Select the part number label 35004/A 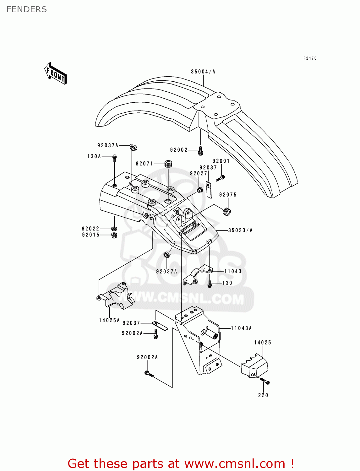203,72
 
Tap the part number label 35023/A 240,230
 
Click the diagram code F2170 310,58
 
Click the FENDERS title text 27,9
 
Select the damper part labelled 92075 226,212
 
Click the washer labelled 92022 114,228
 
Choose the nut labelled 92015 114,235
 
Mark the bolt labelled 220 265,381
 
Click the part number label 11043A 241,328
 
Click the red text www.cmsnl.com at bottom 234,463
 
